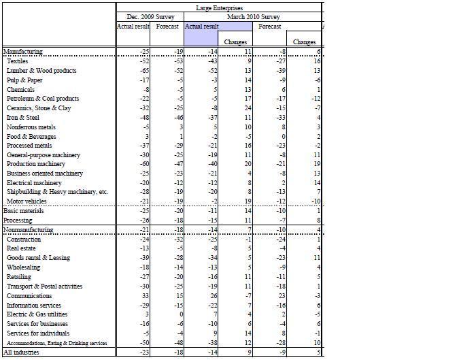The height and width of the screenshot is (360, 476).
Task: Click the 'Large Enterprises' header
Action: (x=219, y=7)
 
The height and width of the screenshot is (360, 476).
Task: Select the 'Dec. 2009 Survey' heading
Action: (x=150, y=17)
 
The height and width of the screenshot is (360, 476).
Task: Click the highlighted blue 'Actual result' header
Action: (x=202, y=27)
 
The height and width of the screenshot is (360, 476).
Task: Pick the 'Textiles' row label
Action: (x=18, y=61)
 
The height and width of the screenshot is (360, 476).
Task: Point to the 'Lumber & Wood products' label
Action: (x=41, y=71)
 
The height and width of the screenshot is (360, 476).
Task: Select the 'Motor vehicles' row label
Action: (x=27, y=201)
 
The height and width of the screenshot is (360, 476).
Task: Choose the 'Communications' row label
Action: (x=29, y=296)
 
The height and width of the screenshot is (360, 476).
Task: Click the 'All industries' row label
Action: (x=22, y=353)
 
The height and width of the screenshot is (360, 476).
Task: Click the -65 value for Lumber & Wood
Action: (x=143, y=71)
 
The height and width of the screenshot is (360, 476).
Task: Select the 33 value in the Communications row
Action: (x=145, y=296)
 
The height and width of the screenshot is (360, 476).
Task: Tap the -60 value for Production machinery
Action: (x=143, y=164)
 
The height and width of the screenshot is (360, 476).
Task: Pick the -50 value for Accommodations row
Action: (x=143, y=343)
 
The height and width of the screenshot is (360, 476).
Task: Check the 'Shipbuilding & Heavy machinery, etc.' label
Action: (x=57, y=193)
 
